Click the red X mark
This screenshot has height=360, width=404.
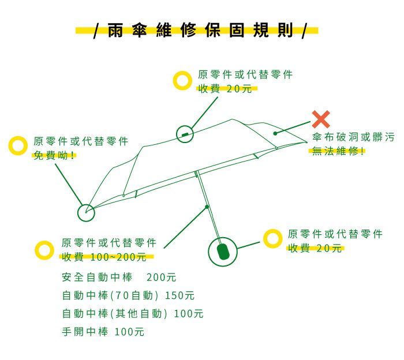point(321,119)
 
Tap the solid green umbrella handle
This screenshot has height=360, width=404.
point(223,252)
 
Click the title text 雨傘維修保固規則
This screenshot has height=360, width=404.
point(200,30)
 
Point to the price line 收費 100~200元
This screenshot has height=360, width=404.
point(104,257)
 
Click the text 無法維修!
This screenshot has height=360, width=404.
point(338,151)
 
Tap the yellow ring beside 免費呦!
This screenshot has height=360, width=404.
point(18,145)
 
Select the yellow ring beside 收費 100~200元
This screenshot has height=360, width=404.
point(44,250)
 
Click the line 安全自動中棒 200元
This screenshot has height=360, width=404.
point(119,277)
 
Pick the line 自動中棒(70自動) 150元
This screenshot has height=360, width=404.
point(128,295)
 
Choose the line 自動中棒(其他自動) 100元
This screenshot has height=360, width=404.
point(133,313)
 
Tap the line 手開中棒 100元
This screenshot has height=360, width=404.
point(103,331)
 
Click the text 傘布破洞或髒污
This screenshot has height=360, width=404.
point(353,137)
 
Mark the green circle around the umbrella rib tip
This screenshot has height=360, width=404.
point(86,213)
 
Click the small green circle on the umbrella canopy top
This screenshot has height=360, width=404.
point(185,134)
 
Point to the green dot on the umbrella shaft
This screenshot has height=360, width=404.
point(207,207)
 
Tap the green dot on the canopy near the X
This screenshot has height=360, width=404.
point(275,133)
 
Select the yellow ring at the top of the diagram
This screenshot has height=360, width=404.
point(182,80)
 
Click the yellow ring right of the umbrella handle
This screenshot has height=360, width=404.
point(273,238)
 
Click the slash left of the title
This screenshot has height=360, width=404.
point(96,31)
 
